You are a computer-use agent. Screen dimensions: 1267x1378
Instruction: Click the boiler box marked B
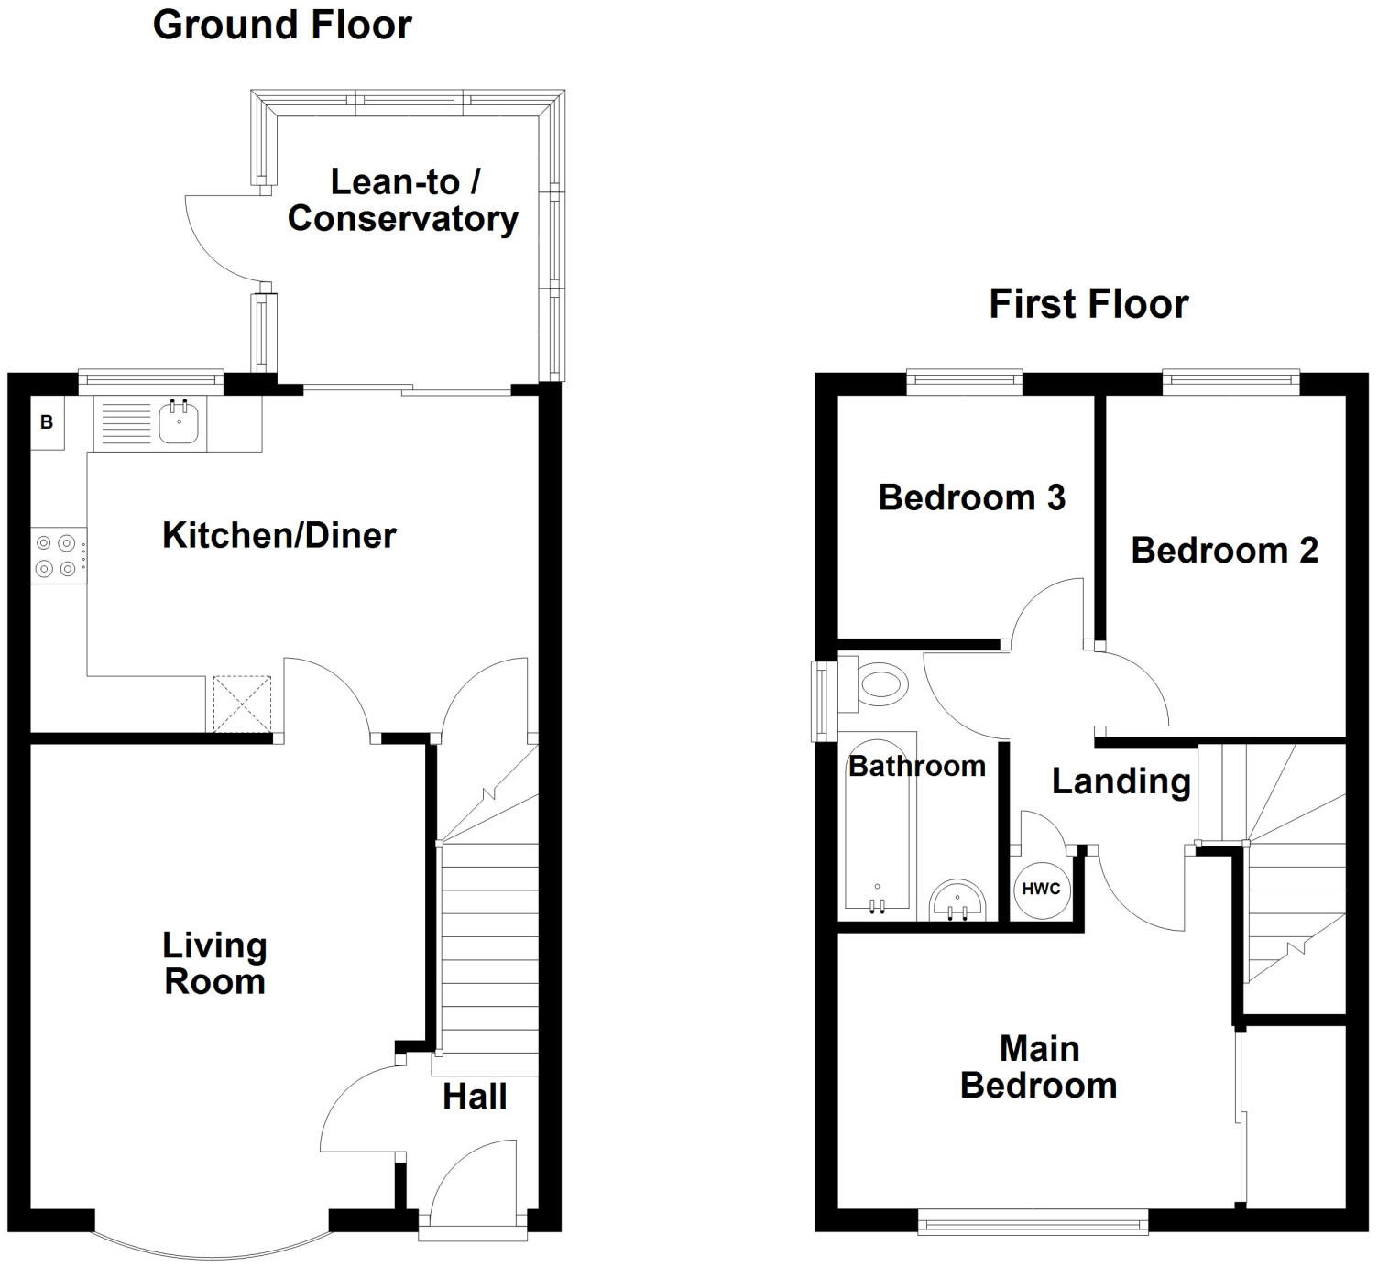tap(47, 422)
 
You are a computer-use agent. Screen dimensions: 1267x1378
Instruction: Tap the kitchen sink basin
tap(179, 422)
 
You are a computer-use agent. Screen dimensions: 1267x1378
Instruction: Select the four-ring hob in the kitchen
tap(57, 555)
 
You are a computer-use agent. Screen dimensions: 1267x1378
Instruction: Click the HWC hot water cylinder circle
tap(1041, 889)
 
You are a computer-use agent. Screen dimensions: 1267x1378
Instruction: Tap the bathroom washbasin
tap(957, 900)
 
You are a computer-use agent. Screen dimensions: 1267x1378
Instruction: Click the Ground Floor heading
tap(282, 25)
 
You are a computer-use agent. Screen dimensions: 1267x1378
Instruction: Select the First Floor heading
tap(1088, 304)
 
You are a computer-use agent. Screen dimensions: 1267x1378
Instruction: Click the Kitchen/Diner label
tap(279, 535)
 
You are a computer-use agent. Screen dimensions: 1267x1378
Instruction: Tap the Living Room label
tap(215, 964)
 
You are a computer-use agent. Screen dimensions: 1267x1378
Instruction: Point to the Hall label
tap(475, 1097)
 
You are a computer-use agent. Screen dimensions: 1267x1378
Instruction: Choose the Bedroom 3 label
tap(971, 497)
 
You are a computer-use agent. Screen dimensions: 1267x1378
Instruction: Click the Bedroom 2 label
tap(1224, 551)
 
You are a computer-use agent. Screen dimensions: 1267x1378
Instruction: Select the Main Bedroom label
tap(1039, 1067)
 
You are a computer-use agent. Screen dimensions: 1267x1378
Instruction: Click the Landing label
tap(1121, 781)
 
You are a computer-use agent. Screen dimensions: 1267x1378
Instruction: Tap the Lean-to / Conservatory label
tap(403, 201)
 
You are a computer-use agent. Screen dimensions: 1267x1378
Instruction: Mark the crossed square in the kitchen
tap(243, 704)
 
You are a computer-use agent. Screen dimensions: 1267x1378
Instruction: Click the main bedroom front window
tap(1033, 1222)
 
